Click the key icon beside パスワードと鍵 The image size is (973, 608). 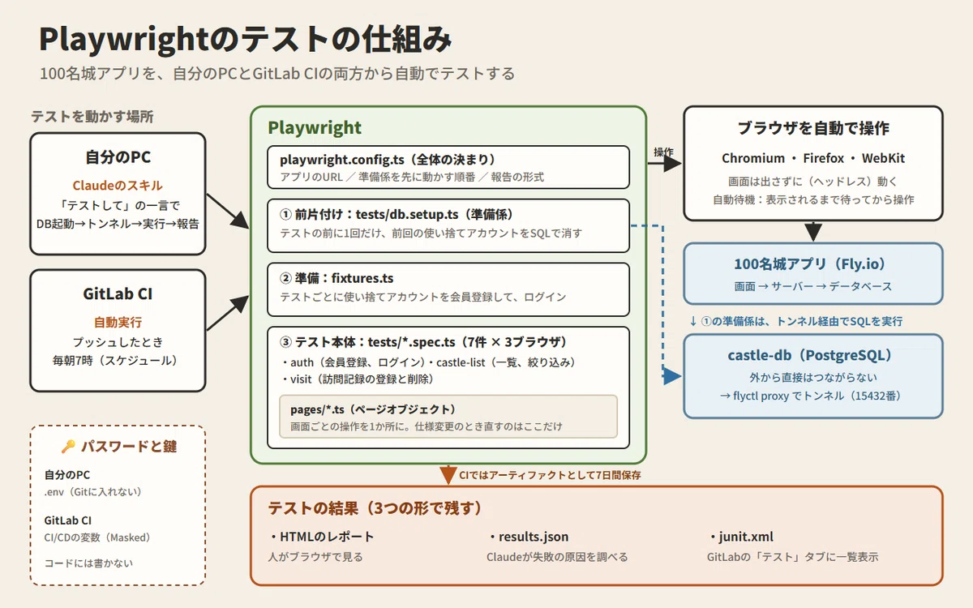point(68,447)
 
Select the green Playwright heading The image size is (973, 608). point(315,128)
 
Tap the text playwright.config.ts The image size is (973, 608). point(342,160)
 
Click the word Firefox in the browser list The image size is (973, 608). point(823,158)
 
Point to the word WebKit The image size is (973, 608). point(883,158)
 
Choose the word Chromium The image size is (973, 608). point(753,158)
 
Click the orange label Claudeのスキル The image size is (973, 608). point(118,186)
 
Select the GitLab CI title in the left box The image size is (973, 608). point(118,294)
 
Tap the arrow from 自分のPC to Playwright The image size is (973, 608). point(228,211)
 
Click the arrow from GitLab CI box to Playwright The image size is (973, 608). point(228,313)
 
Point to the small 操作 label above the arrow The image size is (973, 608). point(663,152)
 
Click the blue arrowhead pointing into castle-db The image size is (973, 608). point(672,376)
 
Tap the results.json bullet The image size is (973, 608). point(529,537)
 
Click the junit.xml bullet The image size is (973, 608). point(742,537)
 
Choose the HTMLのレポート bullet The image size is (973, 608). point(322,537)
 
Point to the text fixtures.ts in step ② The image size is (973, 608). point(362,278)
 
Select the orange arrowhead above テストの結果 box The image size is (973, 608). point(448,475)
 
